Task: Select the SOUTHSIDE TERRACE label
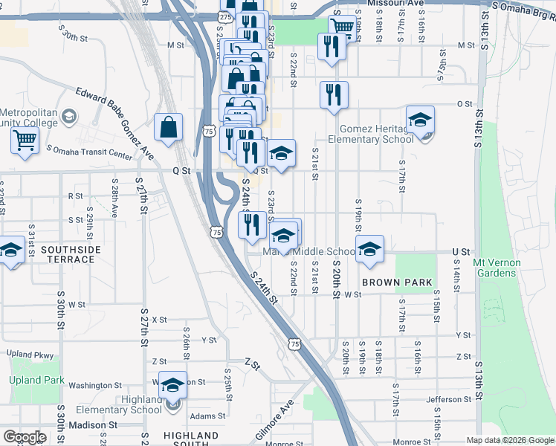pyautogui.click(x=68, y=254)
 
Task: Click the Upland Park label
pyautogui.click(x=33, y=380)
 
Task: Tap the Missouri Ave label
pyautogui.click(x=394, y=4)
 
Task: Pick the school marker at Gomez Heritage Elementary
pyautogui.click(x=420, y=120)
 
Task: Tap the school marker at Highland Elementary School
pyautogui.click(x=172, y=386)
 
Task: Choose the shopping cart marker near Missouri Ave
pyautogui.click(x=341, y=27)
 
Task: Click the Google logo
pyautogui.click(x=25, y=437)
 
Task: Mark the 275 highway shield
pyautogui.click(x=226, y=16)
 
